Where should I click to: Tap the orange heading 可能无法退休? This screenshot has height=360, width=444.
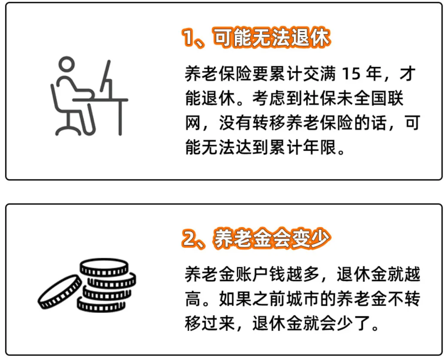(x=271, y=39)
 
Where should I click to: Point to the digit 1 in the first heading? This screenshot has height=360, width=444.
(x=189, y=39)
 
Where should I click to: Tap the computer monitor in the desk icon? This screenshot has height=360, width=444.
(x=106, y=80)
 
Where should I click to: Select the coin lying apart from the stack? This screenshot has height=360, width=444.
(x=60, y=292)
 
